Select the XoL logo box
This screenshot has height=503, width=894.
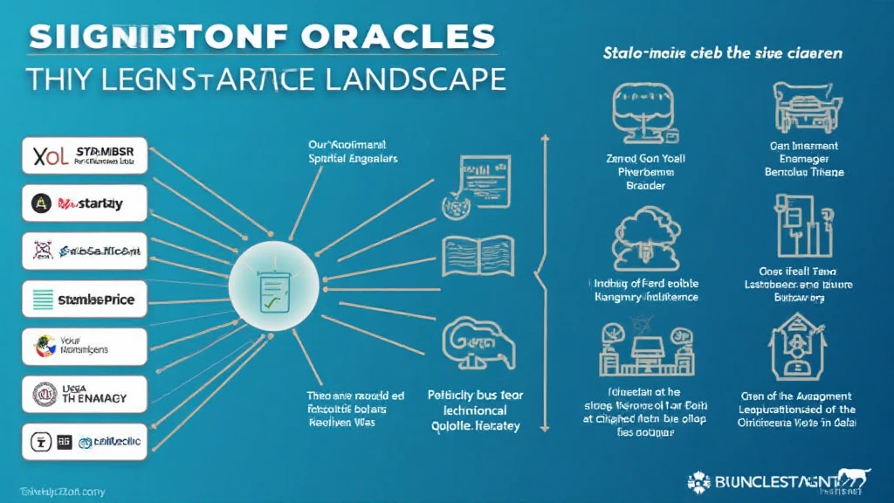point(84,157)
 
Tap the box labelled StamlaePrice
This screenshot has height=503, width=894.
point(84,300)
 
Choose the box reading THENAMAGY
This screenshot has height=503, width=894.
point(84,395)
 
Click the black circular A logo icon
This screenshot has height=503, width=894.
point(39,203)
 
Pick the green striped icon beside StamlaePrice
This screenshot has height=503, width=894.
point(41,300)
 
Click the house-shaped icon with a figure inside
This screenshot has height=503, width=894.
point(797,348)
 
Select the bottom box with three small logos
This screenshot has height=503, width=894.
point(84,442)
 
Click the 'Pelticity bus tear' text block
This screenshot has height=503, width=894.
point(476,410)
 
